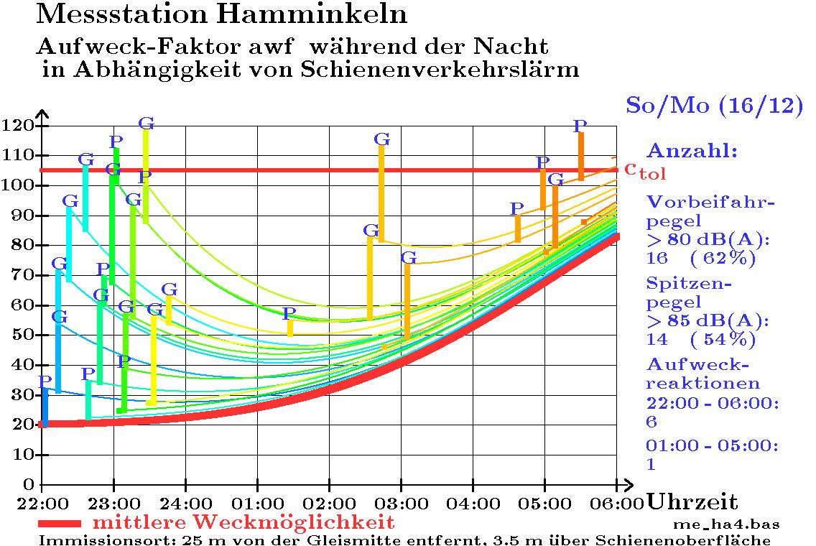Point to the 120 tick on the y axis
pyautogui.click(x=18, y=126)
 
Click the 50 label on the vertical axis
pyautogui.click(x=22, y=335)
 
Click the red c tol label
pyautogui.click(x=645, y=170)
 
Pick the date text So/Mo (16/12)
pyautogui.click(x=713, y=105)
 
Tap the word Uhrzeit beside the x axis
pyautogui.click(x=692, y=501)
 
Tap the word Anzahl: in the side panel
pyautogui.click(x=692, y=151)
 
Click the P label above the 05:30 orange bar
pyautogui.click(x=580, y=126)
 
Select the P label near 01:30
pyautogui.click(x=288, y=313)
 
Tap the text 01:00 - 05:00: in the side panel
pyautogui.click(x=711, y=446)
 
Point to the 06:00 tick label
pyautogui.click(x=617, y=500)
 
